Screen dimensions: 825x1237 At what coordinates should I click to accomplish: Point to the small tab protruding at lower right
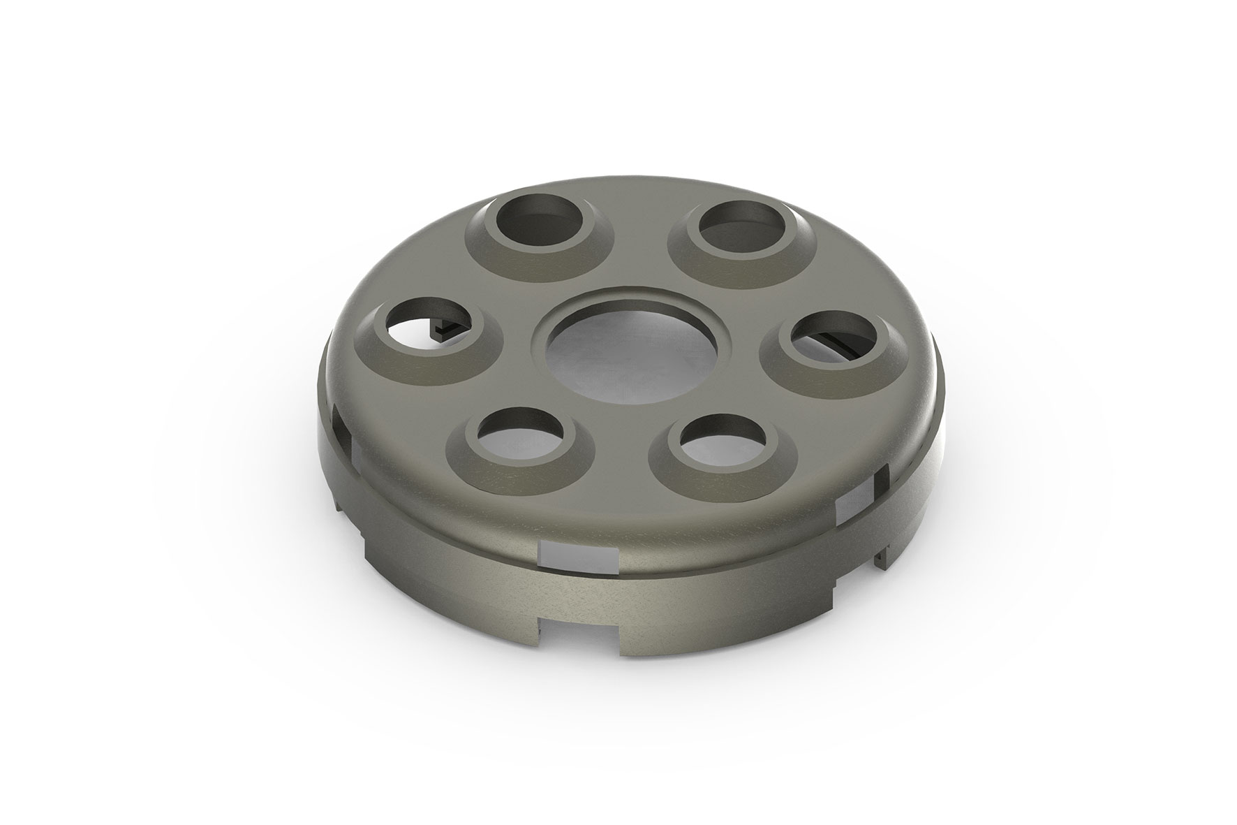pyautogui.click(x=885, y=555)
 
